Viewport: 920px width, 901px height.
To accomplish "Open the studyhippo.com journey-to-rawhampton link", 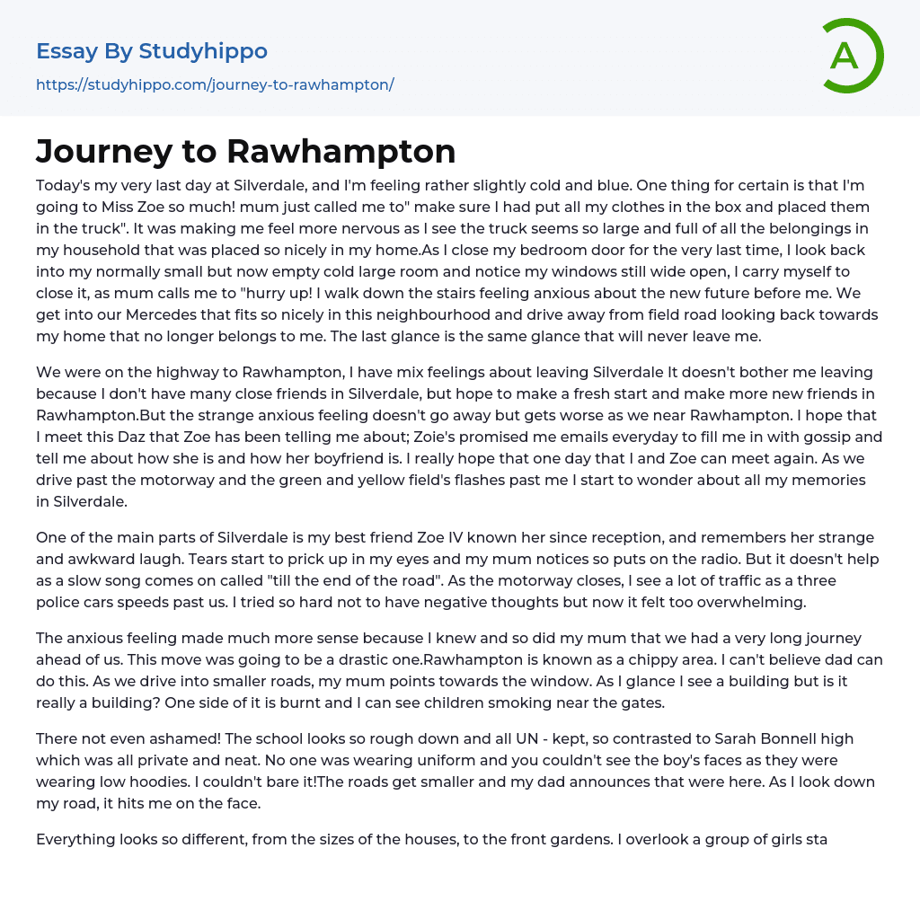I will (215, 84).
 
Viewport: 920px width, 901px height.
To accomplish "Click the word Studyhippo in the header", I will (203, 51).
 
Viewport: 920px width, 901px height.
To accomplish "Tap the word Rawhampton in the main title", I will (341, 151).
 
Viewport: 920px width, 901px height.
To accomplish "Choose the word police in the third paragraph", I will (59, 602).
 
